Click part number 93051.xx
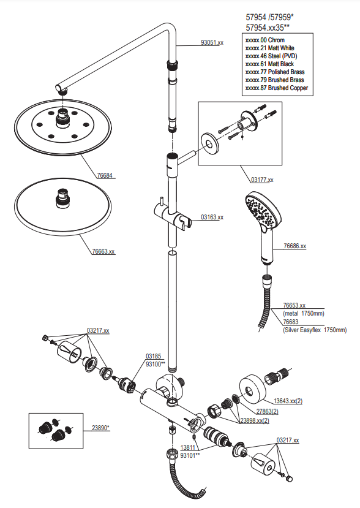pyautogui.click(x=212, y=42)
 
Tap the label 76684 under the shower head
pyautogui.click(x=105, y=176)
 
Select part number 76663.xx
pyautogui.click(x=103, y=251)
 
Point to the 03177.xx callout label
pyautogui.click(x=262, y=180)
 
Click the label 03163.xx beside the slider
pyautogui.click(x=212, y=217)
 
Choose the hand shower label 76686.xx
pyautogui.click(x=295, y=246)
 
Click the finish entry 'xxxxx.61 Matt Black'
pyautogui.click(x=269, y=64)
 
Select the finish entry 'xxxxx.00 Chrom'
pyautogui.click(x=265, y=40)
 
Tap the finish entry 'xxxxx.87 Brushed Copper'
pyautogui.click(x=277, y=88)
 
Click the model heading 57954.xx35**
pyautogui.click(x=268, y=28)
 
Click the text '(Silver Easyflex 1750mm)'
pyautogui.click(x=315, y=330)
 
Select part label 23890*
pyautogui.click(x=100, y=428)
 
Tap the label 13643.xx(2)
pyautogui.click(x=288, y=401)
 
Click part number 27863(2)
pyautogui.click(x=268, y=411)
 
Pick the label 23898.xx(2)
pyautogui.click(x=255, y=421)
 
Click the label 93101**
pyautogui.click(x=190, y=455)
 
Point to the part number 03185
pyautogui.click(x=153, y=357)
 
